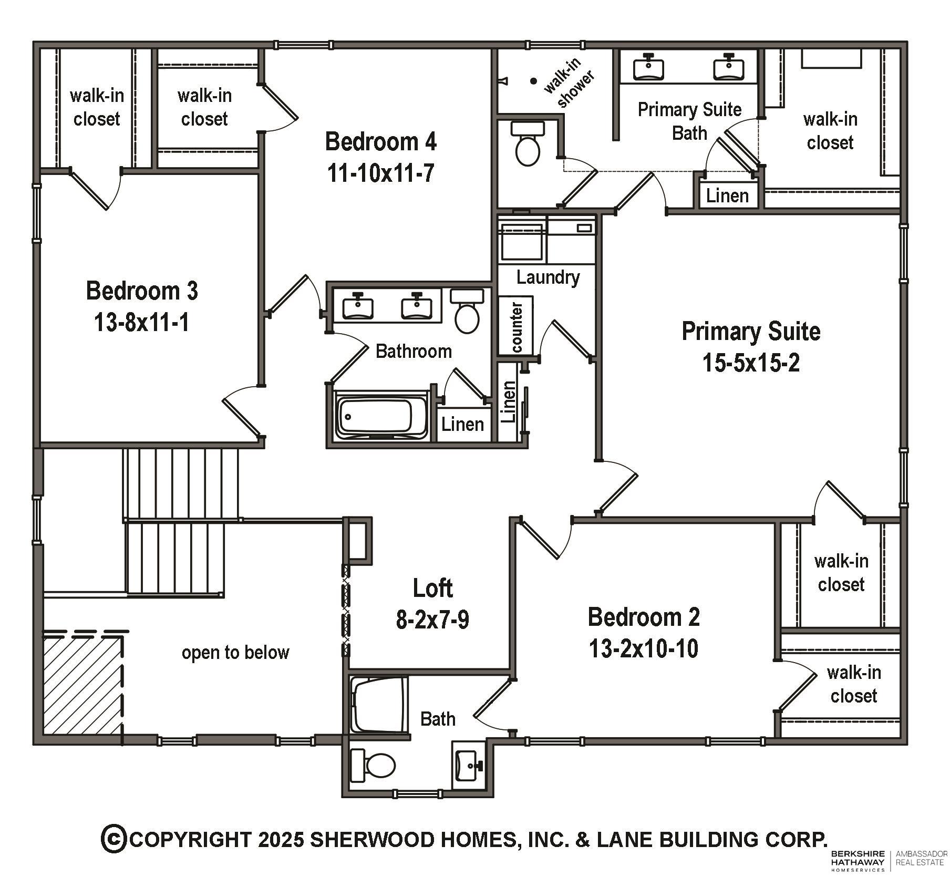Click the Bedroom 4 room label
pos(380,141)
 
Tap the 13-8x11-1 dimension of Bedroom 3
pos(141,322)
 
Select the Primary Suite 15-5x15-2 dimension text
pos(751,363)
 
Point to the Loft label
pos(432,588)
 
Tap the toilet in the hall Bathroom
pos(467,311)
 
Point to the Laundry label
pos(548,277)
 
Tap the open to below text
pos(235,652)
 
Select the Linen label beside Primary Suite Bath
pos(727,196)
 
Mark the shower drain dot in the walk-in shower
pos(533,81)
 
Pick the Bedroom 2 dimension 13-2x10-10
pos(644,648)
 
